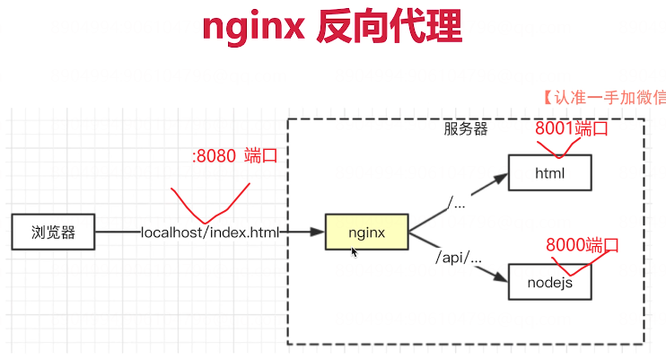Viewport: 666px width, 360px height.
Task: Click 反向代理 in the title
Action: click(390, 29)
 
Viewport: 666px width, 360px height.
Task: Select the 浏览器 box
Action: click(52, 233)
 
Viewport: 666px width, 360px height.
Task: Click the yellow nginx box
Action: click(366, 233)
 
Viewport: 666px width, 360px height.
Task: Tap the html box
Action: click(549, 172)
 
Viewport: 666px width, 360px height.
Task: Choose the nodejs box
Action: click(549, 282)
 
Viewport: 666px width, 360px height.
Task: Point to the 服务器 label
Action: click(466, 128)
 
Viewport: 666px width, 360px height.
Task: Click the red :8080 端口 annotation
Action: click(233, 155)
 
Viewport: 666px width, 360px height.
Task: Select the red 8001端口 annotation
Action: click(572, 128)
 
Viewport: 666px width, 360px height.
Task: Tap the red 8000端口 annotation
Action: click(583, 244)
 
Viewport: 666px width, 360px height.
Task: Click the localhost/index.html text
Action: click(210, 233)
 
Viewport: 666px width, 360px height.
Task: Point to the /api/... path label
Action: click(459, 259)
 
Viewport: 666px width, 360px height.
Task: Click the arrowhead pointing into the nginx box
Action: click(318, 233)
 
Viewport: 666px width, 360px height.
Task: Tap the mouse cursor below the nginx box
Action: click(355, 252)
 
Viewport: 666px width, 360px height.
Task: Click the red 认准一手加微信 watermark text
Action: click(604, 97)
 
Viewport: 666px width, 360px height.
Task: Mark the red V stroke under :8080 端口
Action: click(208, 205)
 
